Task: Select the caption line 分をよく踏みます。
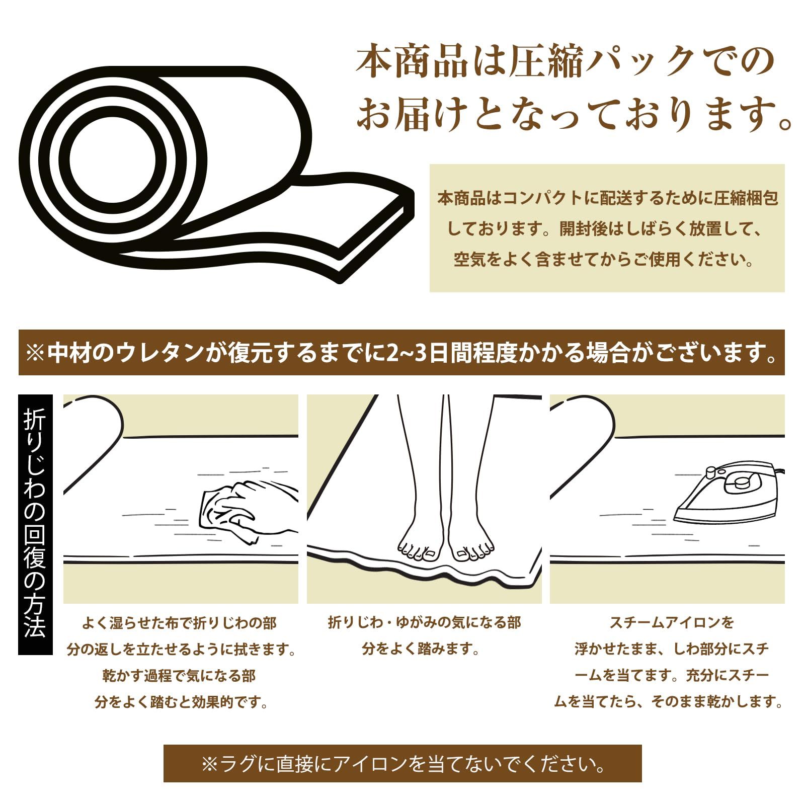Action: pos(421,649)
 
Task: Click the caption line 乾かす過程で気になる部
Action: pos(179,676)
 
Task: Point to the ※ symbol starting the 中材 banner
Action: pos(35,353)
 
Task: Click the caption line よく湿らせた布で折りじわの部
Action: pos(179,623)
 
